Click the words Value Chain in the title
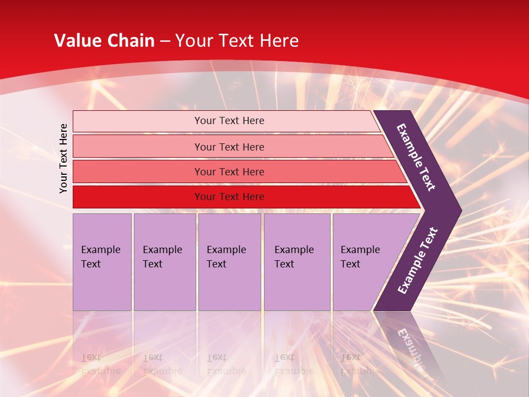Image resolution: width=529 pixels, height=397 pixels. pos(104,41)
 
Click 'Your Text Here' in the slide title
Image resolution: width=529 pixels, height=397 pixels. pos(237,41)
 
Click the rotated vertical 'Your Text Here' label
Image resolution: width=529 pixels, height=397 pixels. pos(63,158)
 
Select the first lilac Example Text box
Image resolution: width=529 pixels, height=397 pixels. pos(102,262)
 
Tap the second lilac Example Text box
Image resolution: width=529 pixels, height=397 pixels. pos(165,262)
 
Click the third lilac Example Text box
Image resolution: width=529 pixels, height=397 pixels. pos(229,262)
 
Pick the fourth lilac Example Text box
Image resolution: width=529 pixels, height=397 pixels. pos(297,262)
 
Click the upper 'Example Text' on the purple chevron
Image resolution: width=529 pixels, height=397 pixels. pos(416,157)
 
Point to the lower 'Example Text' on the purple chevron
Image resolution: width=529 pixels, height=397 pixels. pos(418,260)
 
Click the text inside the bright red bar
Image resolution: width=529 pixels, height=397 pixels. pos(229,197)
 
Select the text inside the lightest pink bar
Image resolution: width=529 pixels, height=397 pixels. pos(229,121)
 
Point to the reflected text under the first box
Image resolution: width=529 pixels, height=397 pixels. pos(101,364)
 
